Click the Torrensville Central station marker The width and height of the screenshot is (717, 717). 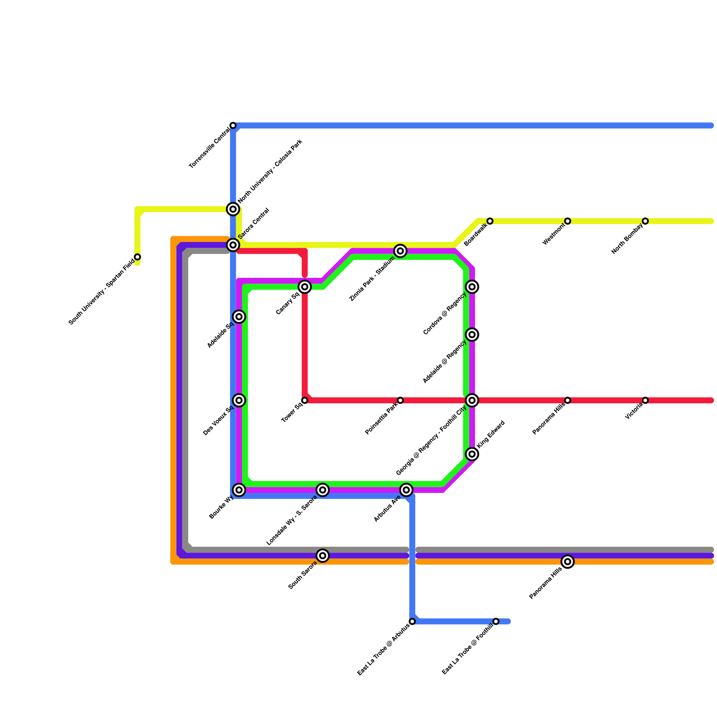[x=233, y=125]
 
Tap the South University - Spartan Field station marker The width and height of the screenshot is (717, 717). [x=138, y=257]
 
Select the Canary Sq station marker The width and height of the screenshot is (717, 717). [x=305, y=287]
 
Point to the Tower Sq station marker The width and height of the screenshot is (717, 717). [x=305, y=400]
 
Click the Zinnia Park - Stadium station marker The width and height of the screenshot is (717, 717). [x=401, y=251]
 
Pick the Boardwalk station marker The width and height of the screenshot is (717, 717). [x=490, y=221]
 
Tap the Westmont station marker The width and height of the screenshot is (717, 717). [x=568, y=221]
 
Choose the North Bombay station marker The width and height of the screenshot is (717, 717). [x=645, y=221]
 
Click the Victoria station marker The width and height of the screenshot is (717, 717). [x=645, y=400]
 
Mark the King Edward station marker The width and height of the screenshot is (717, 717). [x=472, y=454]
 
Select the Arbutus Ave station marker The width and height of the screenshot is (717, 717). [x=406, y=490]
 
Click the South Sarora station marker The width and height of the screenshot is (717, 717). [x=323, y=556]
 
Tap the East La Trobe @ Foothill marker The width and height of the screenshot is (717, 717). [x=496, y=621]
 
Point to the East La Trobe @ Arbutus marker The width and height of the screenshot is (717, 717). [x=412, y=621]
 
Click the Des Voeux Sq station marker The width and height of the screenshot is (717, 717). [x=239, y=400]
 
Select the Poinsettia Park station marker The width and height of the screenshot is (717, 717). [x=400, y=400]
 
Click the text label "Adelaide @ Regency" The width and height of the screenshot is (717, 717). [x=445, y=362]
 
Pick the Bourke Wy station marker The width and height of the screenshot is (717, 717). [x=239, y=490]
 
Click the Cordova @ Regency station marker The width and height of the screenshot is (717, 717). [x=472, y=287]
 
